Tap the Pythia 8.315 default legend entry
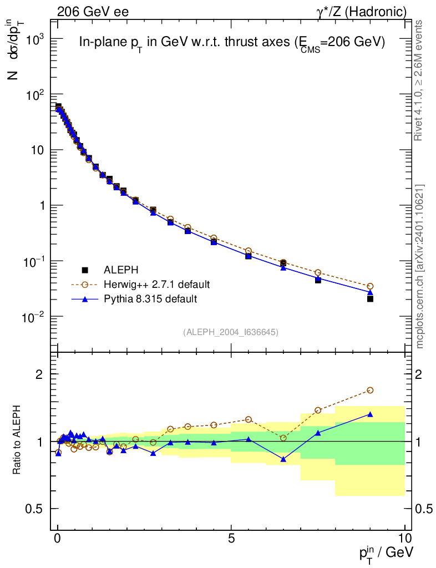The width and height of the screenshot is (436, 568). (x=150, y=299)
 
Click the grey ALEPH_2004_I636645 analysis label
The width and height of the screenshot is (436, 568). (x=231, y=332)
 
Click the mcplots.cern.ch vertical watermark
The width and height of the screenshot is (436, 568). (x=419, y=266)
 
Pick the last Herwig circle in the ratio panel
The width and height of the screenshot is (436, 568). (x=370, y=390)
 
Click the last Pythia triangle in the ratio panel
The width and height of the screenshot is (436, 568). (x=370, y=414)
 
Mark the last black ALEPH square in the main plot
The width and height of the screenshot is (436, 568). (x=370, y=298)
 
